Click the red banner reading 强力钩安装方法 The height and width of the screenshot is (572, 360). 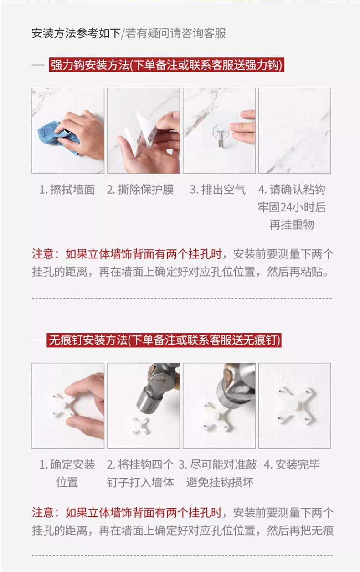coord(166,65)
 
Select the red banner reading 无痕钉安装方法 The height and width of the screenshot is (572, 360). coord(164,340)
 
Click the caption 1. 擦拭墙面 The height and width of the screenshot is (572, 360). coord(67,190)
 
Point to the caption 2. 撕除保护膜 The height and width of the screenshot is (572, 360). coord(140,190)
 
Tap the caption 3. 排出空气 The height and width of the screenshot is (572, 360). coord(218,190)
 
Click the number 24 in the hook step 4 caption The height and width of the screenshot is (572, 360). coord(286,207)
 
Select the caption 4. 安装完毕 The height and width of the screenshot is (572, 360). coord(292,464)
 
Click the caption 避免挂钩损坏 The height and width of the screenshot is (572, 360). coord(220,482)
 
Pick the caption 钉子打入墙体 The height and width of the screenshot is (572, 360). coord(141,482)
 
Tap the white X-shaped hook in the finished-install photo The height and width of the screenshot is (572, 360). coord(295,407)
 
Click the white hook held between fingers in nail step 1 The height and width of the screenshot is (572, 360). coord(64,406)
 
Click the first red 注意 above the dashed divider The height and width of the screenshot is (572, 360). coord(43,254)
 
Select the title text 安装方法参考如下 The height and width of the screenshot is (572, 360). coord(76,33)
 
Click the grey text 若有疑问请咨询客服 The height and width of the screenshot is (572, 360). coord(175,33)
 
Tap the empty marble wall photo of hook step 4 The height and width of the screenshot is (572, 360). coord(295,131)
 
